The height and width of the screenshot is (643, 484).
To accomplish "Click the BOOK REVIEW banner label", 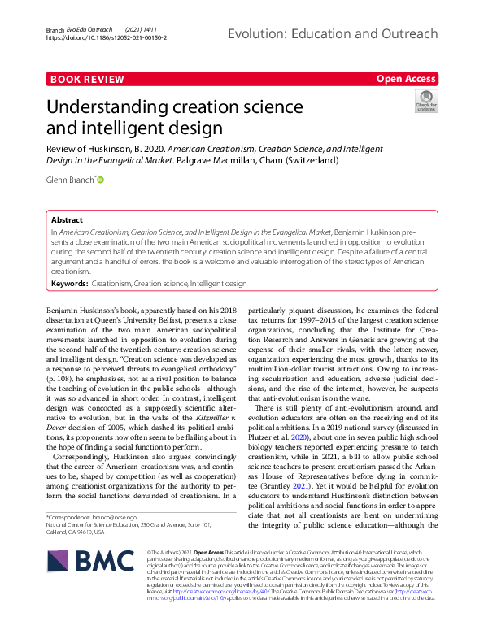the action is (85, 79).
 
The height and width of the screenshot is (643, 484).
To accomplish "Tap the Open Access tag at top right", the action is (406, 79).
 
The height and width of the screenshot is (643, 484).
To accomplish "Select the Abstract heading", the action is (67, 219).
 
